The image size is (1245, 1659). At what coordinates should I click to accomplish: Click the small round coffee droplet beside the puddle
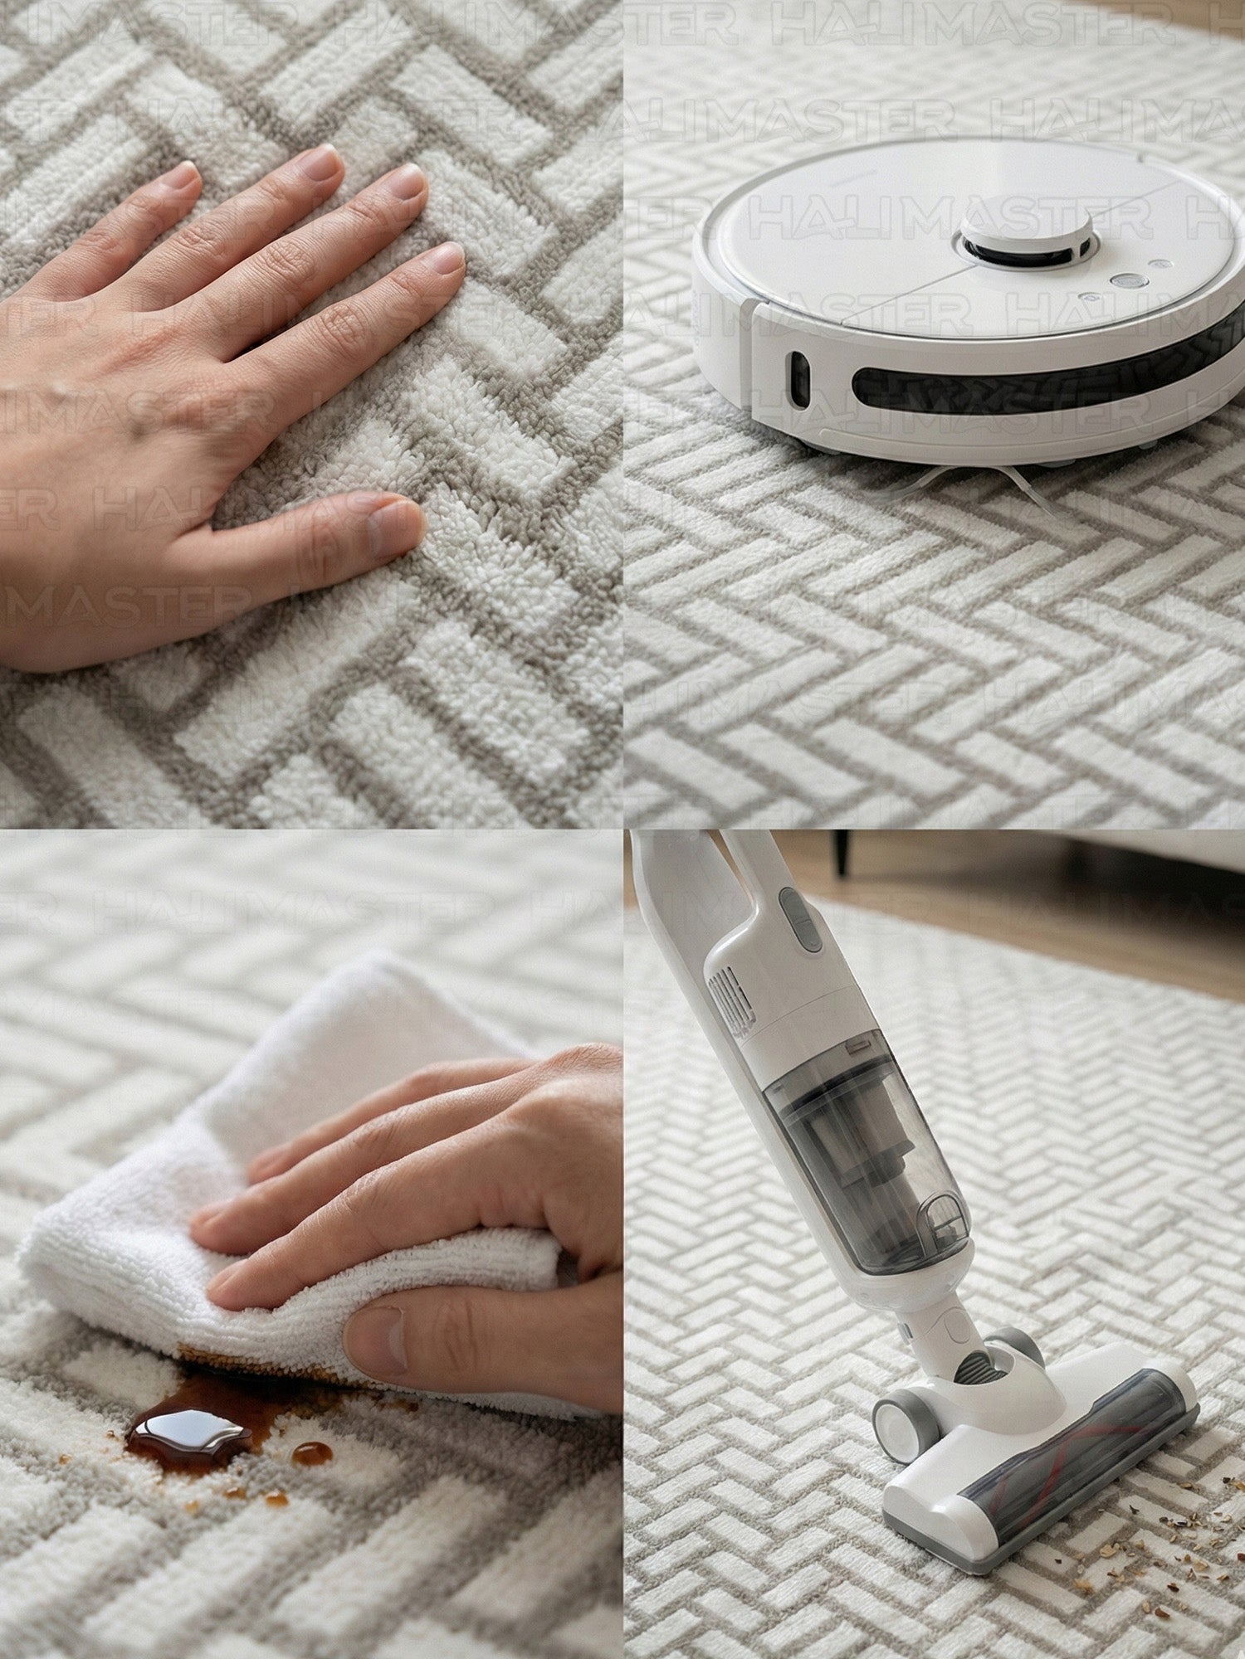pos(312,1452)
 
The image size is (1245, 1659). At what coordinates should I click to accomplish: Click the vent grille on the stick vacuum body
pos(724,1000)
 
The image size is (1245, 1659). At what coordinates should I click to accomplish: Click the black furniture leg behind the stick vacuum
pos(841,853)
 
